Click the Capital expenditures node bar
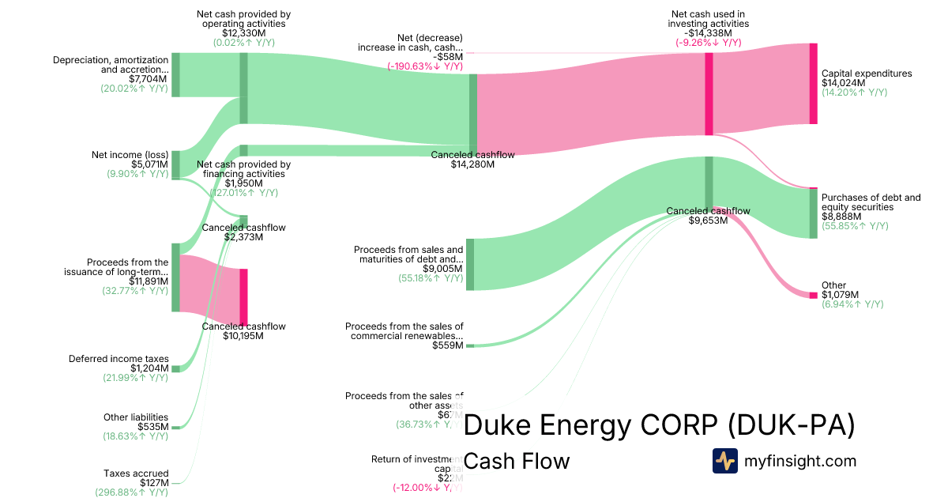coord(813,84)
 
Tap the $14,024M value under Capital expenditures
coord(844,83)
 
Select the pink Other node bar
coord(813,295)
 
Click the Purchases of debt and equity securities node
coord(813,213)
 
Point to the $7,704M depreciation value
coord(148,79)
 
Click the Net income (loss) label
coord(130,155)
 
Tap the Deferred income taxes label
coord(118,359)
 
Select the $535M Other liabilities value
coord(153,427)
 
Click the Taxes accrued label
coord(136,473)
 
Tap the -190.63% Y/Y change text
coord(425,66)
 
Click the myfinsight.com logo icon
coord(724,461)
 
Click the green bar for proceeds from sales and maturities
coord(470,264)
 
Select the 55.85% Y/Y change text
coord(855,226)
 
